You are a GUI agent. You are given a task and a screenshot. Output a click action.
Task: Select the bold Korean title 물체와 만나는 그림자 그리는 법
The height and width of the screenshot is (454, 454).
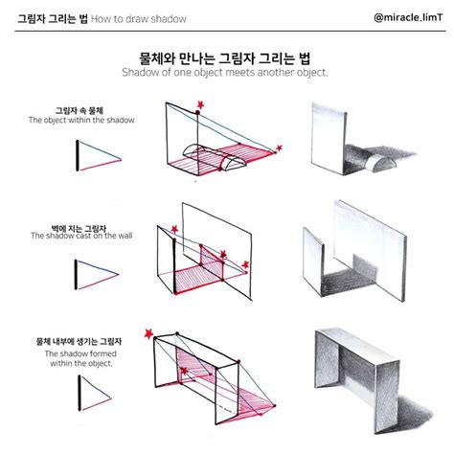pyautogui.click(x=226, y=56)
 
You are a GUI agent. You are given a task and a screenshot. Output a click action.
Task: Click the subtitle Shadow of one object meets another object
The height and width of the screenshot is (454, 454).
pyautogui.click(x=226, y=72)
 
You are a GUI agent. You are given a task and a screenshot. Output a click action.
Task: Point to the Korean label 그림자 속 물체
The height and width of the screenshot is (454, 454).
pyautogui.click(x=81, y=108)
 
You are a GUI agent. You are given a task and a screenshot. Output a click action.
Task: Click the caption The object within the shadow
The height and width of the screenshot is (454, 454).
pyautogui.click(x=81, y=120)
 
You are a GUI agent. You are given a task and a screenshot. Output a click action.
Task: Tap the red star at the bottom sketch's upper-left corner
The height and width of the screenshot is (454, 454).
pyautogui.click(x=150, y=332)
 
